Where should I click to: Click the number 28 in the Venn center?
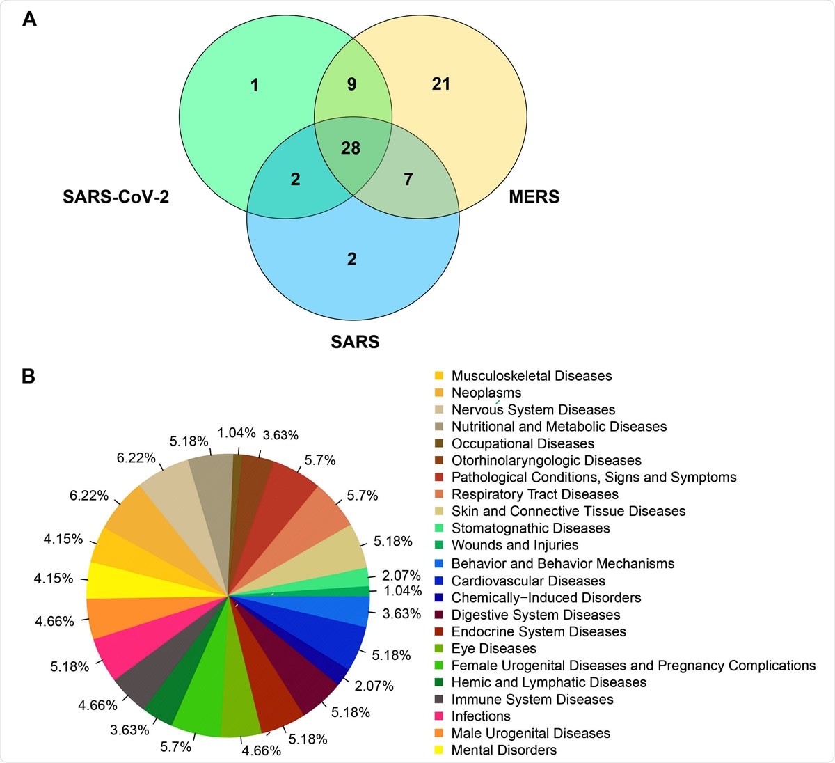(x=351, y=148)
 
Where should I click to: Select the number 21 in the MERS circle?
(x=441, y=84)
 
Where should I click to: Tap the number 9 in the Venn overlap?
(x=352, y=84)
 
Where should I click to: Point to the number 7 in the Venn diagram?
(x=408, y=180)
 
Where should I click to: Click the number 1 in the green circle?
(x=255, y=85)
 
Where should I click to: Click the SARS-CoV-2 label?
(x=116, y=197)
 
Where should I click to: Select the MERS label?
(x=534, y=197)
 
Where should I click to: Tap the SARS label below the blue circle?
(x=355, y=342)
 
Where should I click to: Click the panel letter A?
(x=29, y=19)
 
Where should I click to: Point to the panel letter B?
(x=29, y=377)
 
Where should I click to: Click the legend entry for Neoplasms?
(x=486, y=393)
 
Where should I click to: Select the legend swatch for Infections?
(x=439, y=716)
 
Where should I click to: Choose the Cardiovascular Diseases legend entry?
(x=527, y=581)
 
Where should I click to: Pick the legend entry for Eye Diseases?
(x=493, y=649)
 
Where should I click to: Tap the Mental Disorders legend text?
(x=504, y=750)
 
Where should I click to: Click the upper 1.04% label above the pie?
(x=237, y=433)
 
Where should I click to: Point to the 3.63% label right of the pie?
(x=401, y=614)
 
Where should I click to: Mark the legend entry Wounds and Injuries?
(x=514, y=545)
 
